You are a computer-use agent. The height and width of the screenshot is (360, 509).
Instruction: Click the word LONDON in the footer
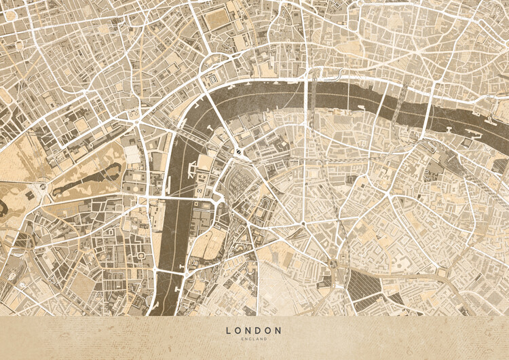[x=254, y=330]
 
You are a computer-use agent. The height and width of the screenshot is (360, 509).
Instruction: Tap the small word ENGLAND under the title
[x=254, y=338]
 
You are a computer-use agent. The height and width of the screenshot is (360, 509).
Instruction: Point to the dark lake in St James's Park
[x=85, y=183]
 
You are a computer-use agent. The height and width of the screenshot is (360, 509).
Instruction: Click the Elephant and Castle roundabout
[x=333, y=264]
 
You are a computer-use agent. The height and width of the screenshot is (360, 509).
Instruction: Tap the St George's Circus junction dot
[x=302, y=223]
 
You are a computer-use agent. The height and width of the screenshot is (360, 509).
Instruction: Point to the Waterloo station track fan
[x=239, y=182]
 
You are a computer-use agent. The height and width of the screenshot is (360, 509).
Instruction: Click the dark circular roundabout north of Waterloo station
[x=240, y=151]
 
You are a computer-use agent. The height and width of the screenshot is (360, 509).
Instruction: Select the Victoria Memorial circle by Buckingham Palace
[x=43, y=185]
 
